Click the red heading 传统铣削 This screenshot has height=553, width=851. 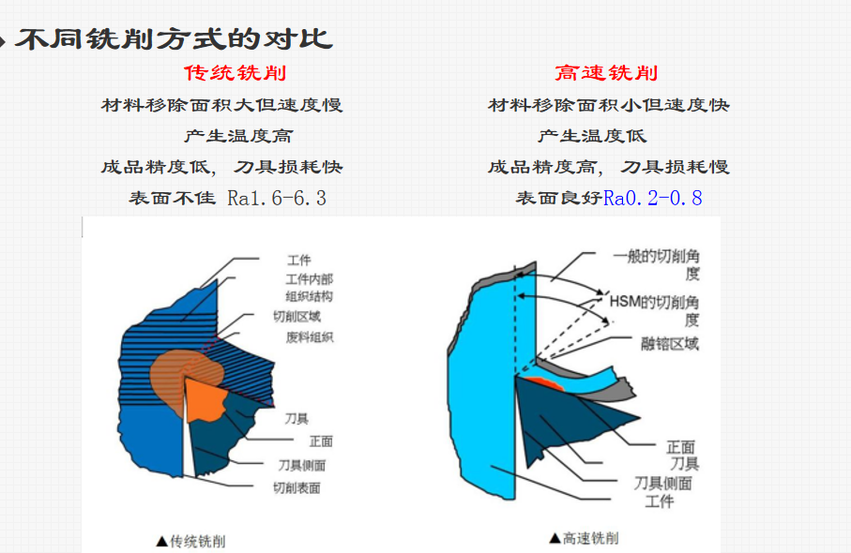235,73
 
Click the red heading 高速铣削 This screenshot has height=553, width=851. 606,73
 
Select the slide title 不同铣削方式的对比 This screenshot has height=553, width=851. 174,39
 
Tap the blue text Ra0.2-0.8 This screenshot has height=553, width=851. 652,198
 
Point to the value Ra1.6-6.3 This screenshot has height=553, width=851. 277,198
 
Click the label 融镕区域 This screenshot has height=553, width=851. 667,343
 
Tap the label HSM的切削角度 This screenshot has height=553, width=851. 656,309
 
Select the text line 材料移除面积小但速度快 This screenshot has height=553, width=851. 609,105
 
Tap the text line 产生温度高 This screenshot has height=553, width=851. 238,136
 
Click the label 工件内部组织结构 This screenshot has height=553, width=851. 309,287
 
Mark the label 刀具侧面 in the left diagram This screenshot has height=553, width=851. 302,465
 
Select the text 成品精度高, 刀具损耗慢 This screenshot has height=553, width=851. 609,167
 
